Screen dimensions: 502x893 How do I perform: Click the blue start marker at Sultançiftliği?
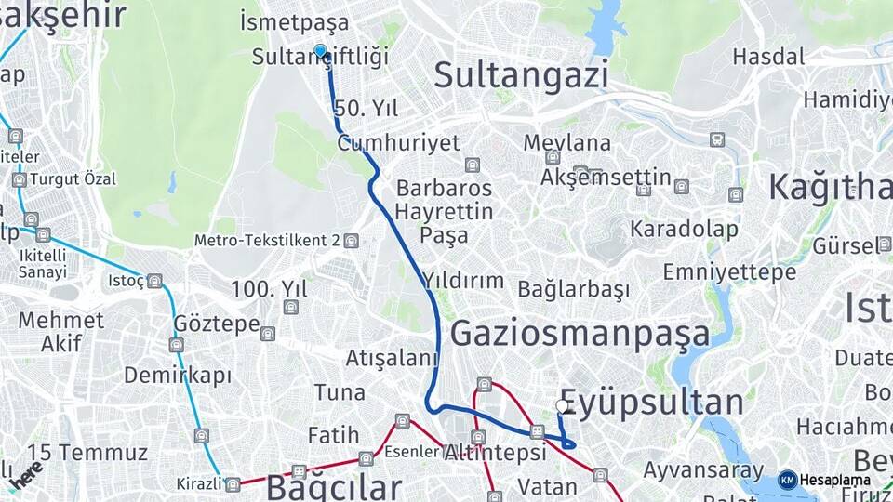320,51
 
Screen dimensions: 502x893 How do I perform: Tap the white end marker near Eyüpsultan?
562,406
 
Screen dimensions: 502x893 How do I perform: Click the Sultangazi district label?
521,74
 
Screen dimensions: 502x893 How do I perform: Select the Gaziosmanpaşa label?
580,333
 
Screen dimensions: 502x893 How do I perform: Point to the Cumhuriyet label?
398,143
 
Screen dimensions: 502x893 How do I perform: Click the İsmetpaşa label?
294,22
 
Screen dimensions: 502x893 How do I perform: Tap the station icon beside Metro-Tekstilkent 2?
351,241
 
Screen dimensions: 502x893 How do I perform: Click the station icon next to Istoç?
154,280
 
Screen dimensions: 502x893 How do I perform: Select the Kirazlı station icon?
233,484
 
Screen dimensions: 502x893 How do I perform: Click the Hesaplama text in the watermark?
834,481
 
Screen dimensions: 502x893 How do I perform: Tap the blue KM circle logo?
787,481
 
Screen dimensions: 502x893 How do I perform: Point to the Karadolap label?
684,229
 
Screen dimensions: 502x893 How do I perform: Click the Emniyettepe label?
729,272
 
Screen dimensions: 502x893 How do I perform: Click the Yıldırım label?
462,280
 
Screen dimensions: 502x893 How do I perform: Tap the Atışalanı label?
392,358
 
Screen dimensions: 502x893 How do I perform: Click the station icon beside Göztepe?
268,334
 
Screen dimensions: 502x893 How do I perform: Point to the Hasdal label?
767,57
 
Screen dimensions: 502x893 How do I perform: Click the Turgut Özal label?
73,178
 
